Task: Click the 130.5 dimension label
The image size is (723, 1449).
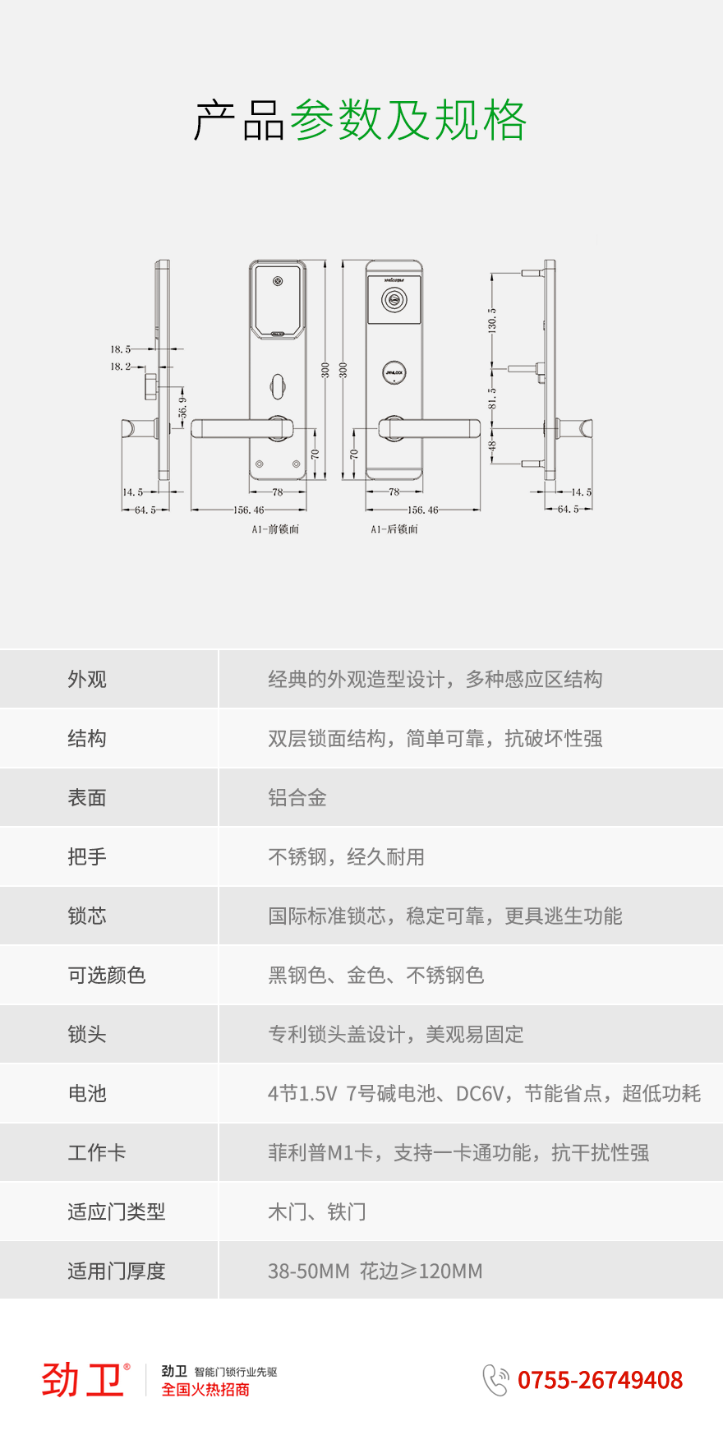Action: [492, 320]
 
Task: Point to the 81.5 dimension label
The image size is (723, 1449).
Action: [492, 399]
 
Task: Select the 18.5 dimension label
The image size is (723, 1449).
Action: [121, 349]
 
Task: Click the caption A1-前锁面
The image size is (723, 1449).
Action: [275, 530]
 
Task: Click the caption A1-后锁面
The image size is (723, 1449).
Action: [394, 530]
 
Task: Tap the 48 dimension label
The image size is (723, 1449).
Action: [492, 446]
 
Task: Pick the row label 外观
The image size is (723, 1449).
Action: [87, 680]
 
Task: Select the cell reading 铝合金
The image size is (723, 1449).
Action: [297, 798]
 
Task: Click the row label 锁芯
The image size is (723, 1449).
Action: [87, 916]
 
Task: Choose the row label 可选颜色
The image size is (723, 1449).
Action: [107, 976]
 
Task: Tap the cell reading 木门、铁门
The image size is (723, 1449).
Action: [317, 1212]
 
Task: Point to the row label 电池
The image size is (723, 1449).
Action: [87, 1094]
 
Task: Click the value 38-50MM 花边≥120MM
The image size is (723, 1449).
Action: [375, 1271]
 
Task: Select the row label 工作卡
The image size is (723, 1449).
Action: [97, 1153]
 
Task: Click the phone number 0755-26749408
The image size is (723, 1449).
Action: [600, 1380]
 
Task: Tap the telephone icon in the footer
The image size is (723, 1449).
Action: [495, 1380]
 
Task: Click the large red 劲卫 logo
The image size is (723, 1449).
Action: [85, 1379]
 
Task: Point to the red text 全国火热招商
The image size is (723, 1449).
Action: [205, 1390]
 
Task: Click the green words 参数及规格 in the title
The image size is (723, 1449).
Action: [408, 120]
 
